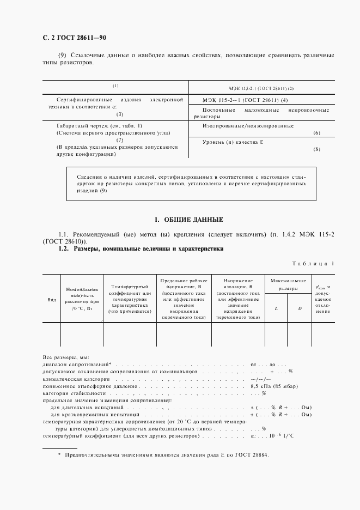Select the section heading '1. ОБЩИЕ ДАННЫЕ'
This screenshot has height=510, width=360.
pyautogui.click(x=188, y=220)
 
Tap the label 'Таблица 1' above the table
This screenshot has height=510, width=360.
pyautogui.click(x=314, y=264)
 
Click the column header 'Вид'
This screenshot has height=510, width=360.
pyautogui.click(x=52, y=300)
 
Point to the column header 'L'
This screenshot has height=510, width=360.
pyautogui.click(x=276, y=308)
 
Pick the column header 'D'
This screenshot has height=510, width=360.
pyautogui.click(x=300, y=308)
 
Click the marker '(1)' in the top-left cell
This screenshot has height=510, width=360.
pyautogui.click(x=115, y=86)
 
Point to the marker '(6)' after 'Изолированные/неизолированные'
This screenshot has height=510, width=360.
pyautogui.click(x=317, y=133)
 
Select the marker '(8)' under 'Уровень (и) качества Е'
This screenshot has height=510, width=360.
pyautogui.click(x=317, y=149)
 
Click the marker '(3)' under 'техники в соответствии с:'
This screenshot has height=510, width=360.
pyautogui.click(x=120, y=114)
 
